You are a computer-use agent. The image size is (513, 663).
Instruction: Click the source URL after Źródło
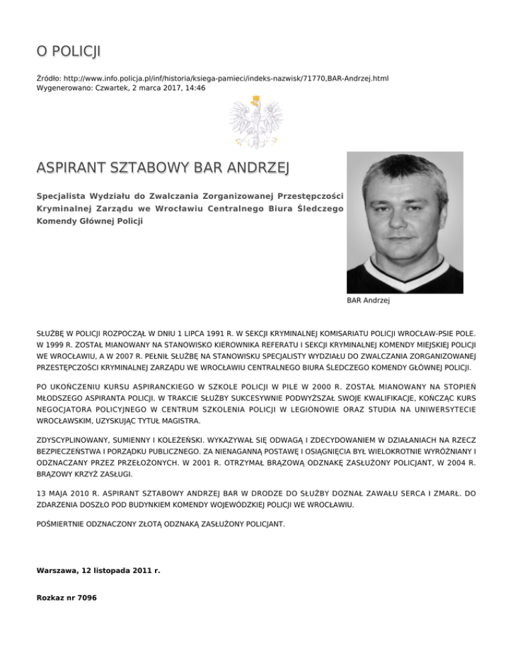point(226,78)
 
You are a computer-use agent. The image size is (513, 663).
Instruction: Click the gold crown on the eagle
point(254,101)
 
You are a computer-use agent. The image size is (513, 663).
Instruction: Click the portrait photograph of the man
point(405,222)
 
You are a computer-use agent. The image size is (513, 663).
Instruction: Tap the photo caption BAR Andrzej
point(368,301)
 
